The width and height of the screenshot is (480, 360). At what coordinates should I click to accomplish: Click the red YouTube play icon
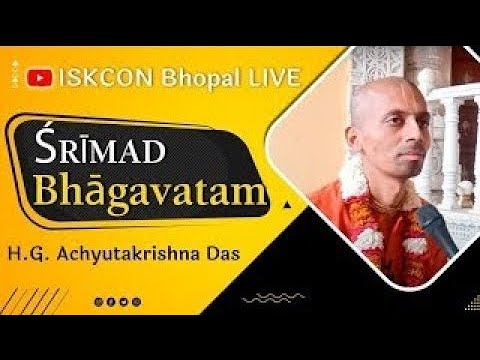[41, 73]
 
